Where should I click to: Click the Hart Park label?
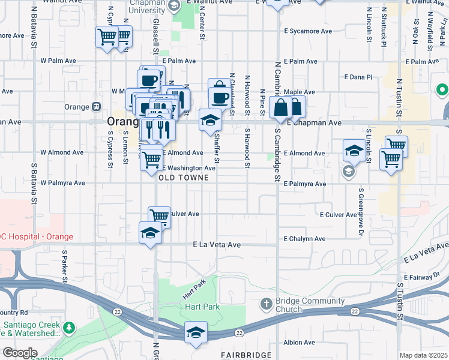tap(202, 307)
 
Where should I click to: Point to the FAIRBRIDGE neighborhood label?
tap(246, 355)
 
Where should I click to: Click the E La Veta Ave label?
tap(217, 245)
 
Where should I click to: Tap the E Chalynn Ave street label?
tap(305, 239)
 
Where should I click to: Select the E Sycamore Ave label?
tap(308, 31)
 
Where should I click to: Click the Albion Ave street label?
tap(300, 343)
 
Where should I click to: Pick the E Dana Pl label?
tap(358, 77)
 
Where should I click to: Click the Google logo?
tap(19, 353)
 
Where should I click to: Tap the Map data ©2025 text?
tap(423, 355)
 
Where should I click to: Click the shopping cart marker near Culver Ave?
tap(159, 216)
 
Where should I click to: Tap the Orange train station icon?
tap(95, 107)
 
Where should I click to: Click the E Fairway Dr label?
tap(423, 277)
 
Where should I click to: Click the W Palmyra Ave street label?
tap(62, 182)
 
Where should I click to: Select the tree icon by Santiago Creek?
tap(70, 328)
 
